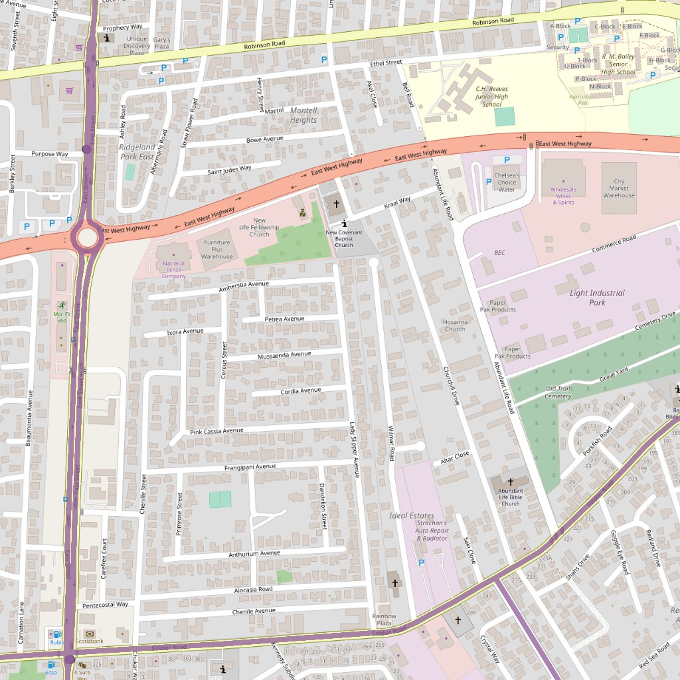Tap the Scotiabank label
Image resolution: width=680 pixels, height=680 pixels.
click(88, 642)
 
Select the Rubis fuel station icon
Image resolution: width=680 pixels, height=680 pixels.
click(56, 634)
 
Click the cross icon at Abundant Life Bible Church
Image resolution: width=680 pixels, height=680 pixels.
click(511, 481)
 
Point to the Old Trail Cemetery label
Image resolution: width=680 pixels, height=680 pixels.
click(558, 392)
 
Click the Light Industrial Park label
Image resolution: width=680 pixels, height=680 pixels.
click(597, 297)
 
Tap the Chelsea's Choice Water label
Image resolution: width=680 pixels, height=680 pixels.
click(507, 182)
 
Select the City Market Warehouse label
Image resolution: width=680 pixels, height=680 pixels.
click(619, 189)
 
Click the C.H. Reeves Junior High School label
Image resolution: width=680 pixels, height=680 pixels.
click(491, 96)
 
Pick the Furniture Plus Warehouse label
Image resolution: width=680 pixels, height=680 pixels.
click(217, 249)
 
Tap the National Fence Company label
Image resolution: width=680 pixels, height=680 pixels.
click(174, 270)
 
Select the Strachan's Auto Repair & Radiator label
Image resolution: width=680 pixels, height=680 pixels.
click(432, 531)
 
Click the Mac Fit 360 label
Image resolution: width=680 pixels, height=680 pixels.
click(62, 317)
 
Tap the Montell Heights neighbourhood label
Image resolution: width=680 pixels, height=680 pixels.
click(303, 115)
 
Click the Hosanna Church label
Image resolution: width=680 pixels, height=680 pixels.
click(455, 325)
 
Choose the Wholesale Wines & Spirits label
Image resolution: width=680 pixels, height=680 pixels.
click(564, 195)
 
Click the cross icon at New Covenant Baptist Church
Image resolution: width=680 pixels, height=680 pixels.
click(336, 204)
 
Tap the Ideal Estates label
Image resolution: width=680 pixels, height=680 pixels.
click(412, 515)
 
